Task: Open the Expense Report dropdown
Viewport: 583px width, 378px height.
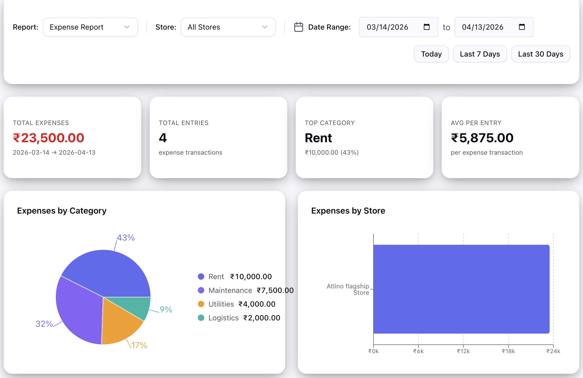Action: pyautogui.click(x=90, y=27)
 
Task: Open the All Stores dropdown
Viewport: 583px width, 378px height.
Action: pyautogui.click(x=228, y=27)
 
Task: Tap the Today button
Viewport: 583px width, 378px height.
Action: pyautogui.click(x=431, y=54)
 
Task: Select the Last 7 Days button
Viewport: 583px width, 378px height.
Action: pyautogui.click(x=480, y=54)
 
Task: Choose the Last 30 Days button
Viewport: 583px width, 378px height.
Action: pyautogui.click(x=540, y=54)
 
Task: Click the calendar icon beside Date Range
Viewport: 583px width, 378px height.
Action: pyautogui.click(x=298, y=27)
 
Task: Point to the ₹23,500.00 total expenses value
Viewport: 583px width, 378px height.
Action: pyautogui.click(x=49, y=138)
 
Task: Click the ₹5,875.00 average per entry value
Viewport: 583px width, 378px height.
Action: pyautogui.click(x=482, y=138)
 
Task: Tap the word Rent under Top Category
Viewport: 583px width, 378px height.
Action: pyautogui.click(x=318, y=138)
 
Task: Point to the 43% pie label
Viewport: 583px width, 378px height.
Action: pyautogui.click(x=126, y=238)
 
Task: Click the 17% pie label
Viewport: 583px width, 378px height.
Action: pyautogui.click(x=139, y=345)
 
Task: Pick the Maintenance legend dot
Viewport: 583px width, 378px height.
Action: pyautogui.click(x=201, y=290)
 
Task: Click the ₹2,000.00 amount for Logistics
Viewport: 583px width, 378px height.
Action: pyautogui.click(x=262, y=318)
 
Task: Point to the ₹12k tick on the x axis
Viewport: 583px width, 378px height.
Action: pyautogui.click(x=463, y=351)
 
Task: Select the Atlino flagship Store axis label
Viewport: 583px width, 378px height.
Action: pyautogui.click(x=348, y=289)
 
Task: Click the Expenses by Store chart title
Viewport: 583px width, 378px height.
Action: pyautogui.click(x=348, y=211)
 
